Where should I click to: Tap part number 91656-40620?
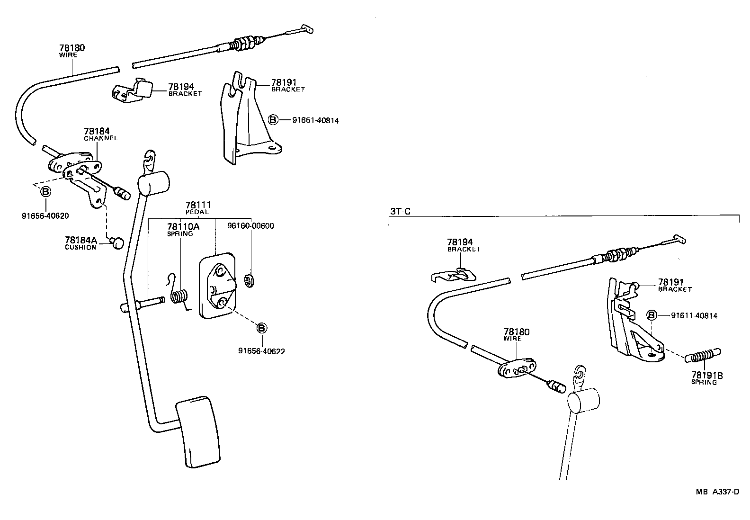(x=45, y=216)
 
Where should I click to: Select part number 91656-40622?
(x=261, y=351)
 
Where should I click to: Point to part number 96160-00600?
(x=250, y=226)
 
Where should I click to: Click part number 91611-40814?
(x=694, y=315)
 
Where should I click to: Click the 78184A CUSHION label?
(x=80, y=243)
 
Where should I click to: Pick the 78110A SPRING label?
(x=182, y=230)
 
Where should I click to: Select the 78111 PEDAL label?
(x=198, y=208)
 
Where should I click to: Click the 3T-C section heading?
(x=400, y=211)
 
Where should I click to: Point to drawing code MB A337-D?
(x=717, y=492)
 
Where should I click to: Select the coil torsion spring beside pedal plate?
(x=179, y=296)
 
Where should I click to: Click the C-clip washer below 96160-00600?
(x=247, y=280)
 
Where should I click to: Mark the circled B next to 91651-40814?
(x=273, y=120)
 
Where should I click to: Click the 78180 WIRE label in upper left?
(x=72, y=51)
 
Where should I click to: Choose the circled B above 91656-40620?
(x=45, y=192)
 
